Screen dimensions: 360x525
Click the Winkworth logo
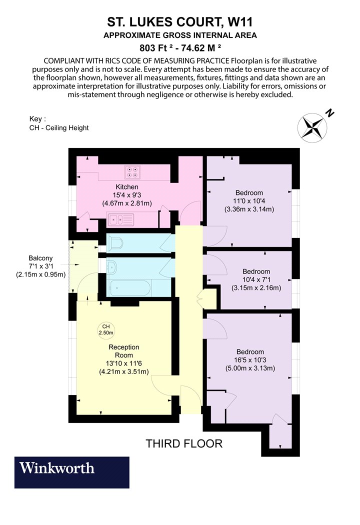71,472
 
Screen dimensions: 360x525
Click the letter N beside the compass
330,113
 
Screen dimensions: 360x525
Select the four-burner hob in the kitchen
132,172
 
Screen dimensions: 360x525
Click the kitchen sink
120,219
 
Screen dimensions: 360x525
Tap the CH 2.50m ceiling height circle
106,329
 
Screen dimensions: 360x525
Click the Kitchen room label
127,187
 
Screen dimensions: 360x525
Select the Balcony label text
40,258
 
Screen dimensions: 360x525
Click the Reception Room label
124,351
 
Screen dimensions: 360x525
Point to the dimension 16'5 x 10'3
250,360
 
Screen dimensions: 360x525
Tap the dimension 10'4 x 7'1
256,279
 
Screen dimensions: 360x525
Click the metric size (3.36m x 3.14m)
249,209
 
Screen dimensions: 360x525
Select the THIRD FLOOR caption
184,443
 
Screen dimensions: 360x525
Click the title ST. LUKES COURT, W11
180,22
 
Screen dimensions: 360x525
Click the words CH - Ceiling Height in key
59,127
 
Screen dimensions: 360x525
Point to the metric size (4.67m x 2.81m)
127,203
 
